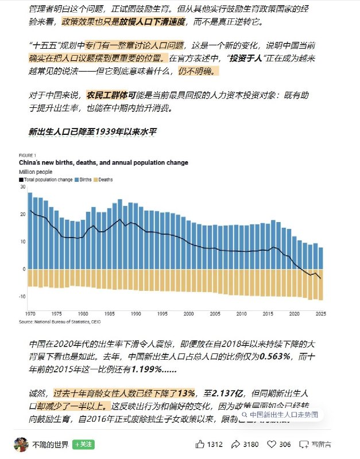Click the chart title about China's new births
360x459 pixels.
pyautogui.click(x=103, y=162)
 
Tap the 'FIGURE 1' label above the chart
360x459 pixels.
pyautogui.click(x=28, y=155)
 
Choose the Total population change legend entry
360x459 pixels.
pyautogui.click(x=46, y=180)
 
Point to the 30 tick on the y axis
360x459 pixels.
pyautogui.click(x=22, y=187)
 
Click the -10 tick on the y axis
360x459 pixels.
pyautogui.click(x=22, y=296)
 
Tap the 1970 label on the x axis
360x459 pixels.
pyautogui.click(x=30, y=315)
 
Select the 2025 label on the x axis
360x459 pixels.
pyautogui.click(x=320, y=315)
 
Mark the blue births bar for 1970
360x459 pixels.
pyautogui.click(x=30, y=230)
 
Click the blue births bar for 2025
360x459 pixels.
pyautogui.click(x=320, y=258)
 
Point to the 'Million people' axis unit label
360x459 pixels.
pyautogui.click(x=36, y=172)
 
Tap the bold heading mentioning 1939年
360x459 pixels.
pyautogui.click(x=93, y=131)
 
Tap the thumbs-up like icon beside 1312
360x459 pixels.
pyautogui.click(x=200, y=444)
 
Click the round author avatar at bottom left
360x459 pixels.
pyautogui.click(x=21, y=444)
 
